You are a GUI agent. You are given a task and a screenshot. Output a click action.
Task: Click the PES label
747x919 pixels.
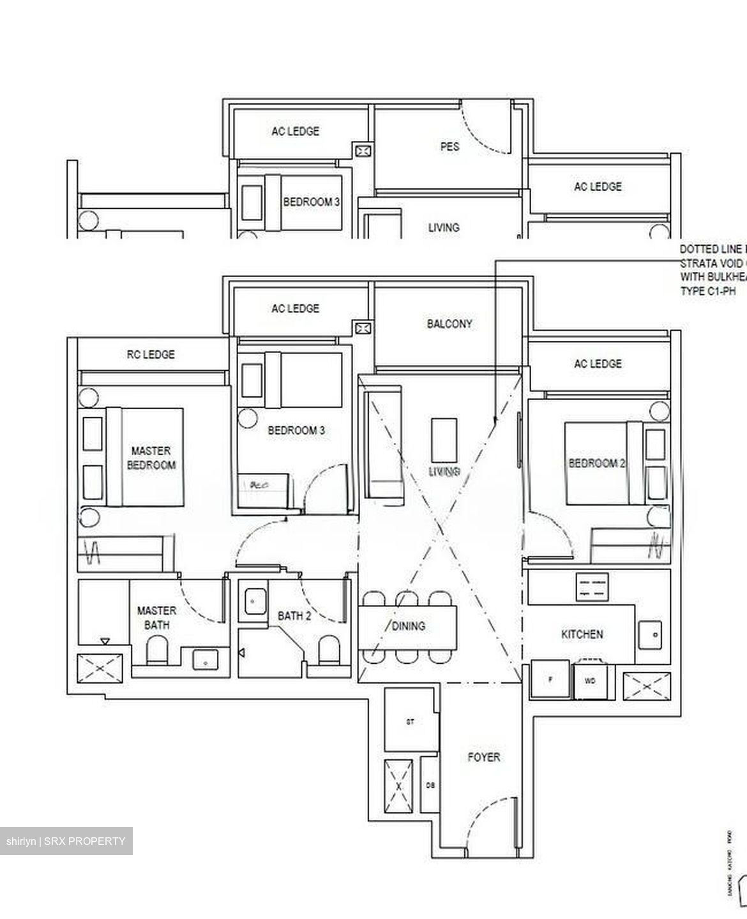pos(449,146)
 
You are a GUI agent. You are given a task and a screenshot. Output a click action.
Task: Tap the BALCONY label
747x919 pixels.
pos(449,324)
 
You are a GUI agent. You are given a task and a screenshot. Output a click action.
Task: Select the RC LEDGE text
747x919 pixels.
pos(151,354)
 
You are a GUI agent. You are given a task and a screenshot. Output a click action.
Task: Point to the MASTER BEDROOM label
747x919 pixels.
pos(151,458)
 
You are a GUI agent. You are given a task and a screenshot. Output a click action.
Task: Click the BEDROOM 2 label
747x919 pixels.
pos(596,463)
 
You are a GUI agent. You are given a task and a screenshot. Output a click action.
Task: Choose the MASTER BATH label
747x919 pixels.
pos(156,618)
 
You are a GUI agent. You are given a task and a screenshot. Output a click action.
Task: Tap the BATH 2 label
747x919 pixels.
pos(294,616)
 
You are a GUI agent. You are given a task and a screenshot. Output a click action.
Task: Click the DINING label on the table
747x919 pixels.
pos(408,626)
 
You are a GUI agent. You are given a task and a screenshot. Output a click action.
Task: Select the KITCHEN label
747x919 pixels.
pos(582,634)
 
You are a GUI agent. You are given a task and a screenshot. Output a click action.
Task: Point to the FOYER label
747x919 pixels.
pos(483,758)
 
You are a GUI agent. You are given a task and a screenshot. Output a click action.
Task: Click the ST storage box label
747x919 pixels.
pos(411,722)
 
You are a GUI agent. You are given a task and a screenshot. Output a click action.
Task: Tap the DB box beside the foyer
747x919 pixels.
pos(430,786)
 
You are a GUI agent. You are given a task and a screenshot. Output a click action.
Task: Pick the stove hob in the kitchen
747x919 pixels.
pos(593,587)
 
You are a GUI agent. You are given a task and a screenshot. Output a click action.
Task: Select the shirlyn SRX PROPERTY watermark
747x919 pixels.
pos(66,841)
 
